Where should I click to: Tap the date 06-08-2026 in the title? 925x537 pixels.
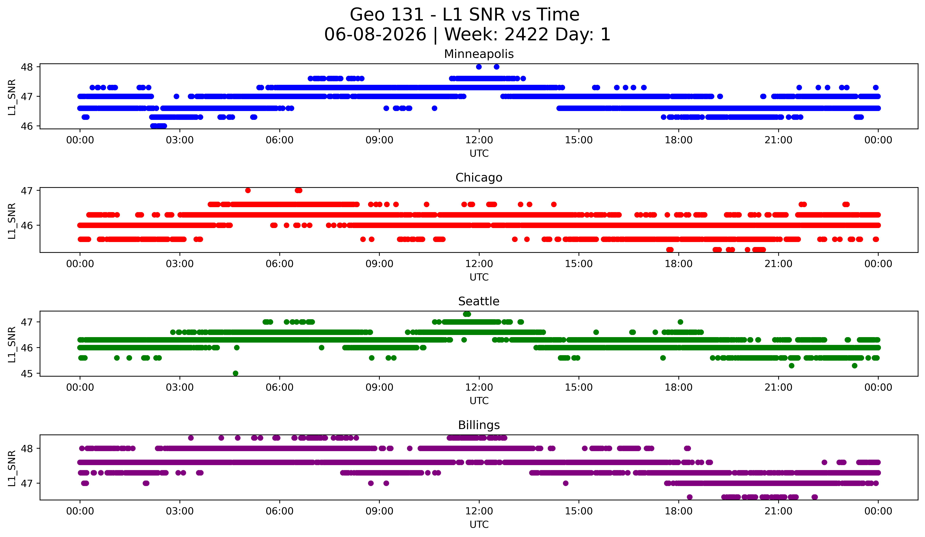pyautogui.click(x=375, y=35)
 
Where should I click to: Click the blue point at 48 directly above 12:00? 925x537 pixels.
pyautogui.click(x=479, y=67)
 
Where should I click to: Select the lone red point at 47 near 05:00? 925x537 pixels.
pyautogui.click(x=248, y=190)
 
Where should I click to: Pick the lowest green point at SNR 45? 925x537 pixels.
pyautogui.click(x=236, y=373)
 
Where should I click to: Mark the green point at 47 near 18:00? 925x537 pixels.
pyautogui.click(x=680, y=322)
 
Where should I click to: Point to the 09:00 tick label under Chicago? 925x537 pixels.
pyautogui.click(x=379, y=264)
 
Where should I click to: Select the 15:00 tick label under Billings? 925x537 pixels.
pyautogui.click(x=579, y=511)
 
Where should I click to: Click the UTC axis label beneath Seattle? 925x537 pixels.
pyautogui.click(x=479, y=400)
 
